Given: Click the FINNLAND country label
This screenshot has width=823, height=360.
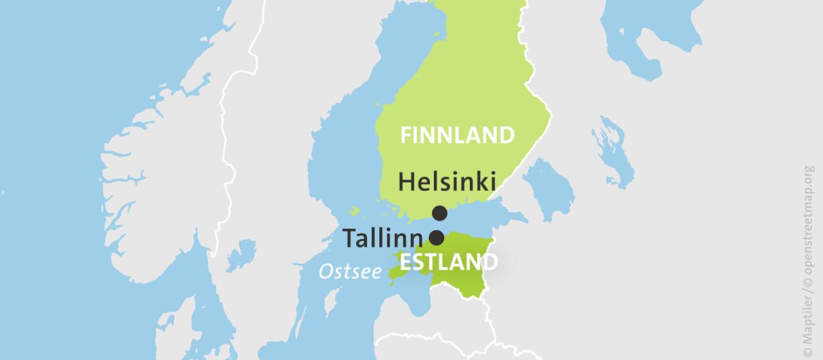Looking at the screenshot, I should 457,136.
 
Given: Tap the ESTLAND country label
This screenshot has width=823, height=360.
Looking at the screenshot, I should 448,262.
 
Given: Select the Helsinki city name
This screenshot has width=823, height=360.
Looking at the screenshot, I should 447,182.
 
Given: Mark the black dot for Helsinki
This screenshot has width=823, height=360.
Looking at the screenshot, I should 440,213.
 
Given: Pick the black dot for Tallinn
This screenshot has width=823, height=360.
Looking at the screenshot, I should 437,238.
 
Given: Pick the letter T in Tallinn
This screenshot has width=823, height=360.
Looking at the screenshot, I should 350,239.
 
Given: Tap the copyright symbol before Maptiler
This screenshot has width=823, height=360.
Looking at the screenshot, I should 809,352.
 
